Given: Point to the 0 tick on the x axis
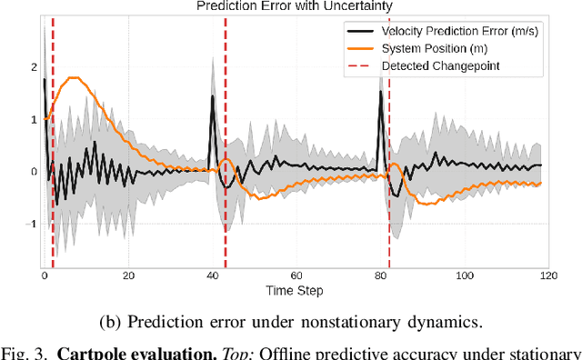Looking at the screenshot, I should click(44, 275).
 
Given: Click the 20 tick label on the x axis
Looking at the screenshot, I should click(128, 275).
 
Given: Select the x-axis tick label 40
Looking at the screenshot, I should click(213, 275).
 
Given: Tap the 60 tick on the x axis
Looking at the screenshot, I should click(297, 275).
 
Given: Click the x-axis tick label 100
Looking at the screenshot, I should click(466, 275).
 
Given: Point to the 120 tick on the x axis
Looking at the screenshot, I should click(550, 275).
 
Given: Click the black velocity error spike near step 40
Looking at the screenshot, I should click(213, 97).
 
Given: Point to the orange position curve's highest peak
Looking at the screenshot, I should click(75, 78).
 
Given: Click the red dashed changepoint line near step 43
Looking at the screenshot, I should click(225, 145).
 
